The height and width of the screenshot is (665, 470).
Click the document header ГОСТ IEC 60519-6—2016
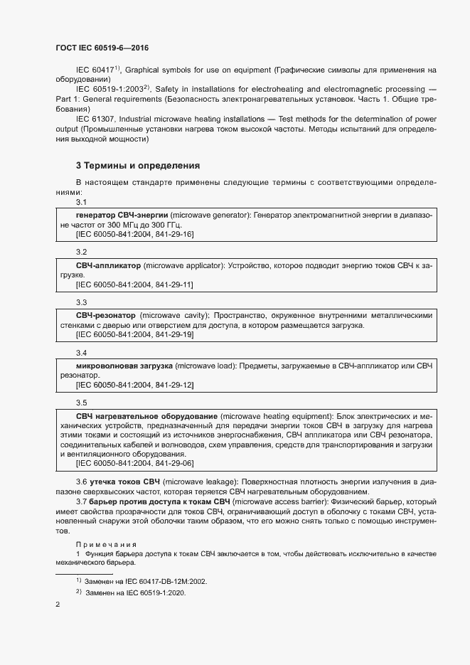click(x=102, y=48)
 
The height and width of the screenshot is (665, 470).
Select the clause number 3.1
click(x=81, y=203)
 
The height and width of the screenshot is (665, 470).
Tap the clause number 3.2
click(x=81, y=252)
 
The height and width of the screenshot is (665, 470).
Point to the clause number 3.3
click(x=81, y=302)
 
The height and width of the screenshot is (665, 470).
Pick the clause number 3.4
click(x=81, y=353)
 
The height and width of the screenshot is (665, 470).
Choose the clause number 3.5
click(x=81, y=403)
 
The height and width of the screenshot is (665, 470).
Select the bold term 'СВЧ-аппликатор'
click(x=108, y=265)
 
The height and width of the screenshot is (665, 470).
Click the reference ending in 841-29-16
click(x=134, y=234)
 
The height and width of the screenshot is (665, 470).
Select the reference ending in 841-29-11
click(x=134, y=284)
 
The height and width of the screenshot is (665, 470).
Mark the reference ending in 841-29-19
click(x=134, y=334)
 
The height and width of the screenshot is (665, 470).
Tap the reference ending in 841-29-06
click(x=134, y=464)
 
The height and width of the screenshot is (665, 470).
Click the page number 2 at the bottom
click(x=58, y=605)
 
